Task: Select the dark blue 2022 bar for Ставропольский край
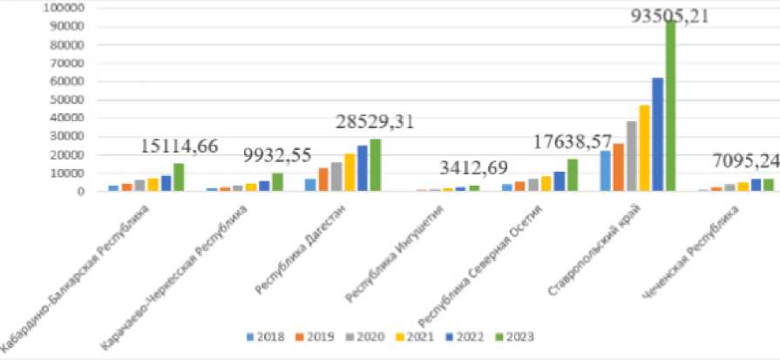(658, 134)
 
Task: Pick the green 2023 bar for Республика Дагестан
(376, 165)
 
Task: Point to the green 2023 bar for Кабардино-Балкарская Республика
(179, 177)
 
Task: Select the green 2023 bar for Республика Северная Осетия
(573, 174)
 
